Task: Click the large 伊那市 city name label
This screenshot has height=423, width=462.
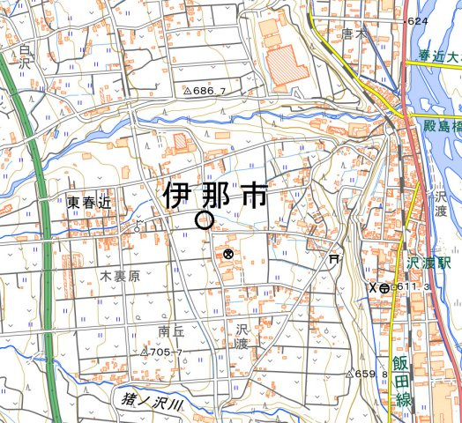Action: pos(216,196)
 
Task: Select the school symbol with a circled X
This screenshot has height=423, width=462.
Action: pos(228,255)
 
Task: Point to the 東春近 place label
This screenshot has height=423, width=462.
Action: pos(89,203)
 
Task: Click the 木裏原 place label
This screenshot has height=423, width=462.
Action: pos(120,277)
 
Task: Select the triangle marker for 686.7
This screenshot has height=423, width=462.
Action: pos(188,91)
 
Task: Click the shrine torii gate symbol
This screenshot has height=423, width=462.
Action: pos(333,258)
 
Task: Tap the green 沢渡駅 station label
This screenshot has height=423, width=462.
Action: pos(429,263)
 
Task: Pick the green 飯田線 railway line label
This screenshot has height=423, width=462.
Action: pos(404,377)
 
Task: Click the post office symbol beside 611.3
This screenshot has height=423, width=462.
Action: pos(384,288)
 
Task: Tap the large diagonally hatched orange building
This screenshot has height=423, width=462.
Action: pos(285,65)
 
